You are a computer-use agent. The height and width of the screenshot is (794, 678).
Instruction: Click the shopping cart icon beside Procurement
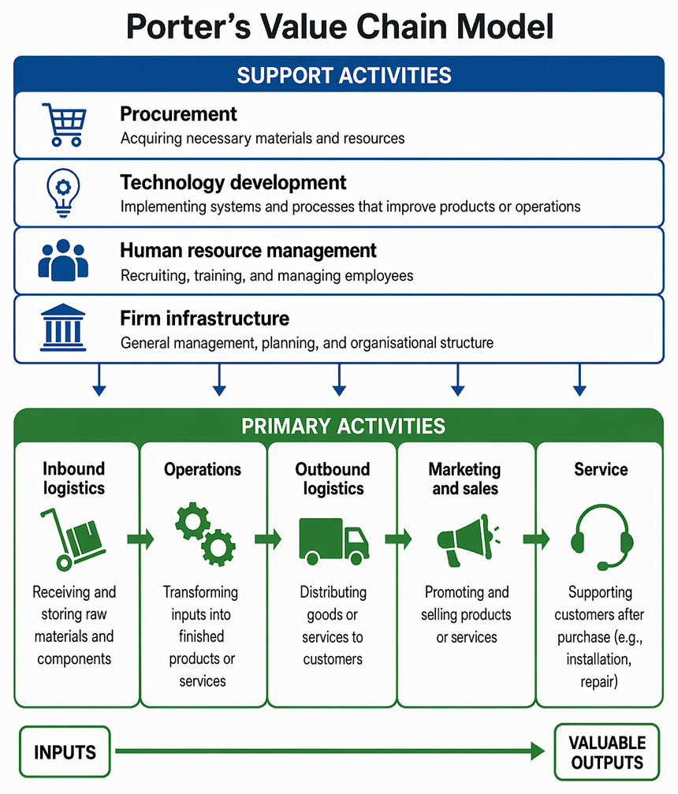pyautogui.click(x=65, y=125)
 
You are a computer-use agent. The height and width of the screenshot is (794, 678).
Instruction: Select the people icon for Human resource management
pyautogui.click(x=63, y=259)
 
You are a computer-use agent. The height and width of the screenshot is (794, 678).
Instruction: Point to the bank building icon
pyautogui.click(x=63, y=327)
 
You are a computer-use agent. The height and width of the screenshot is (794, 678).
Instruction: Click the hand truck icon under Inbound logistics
pyautogui.click(x=73, y=540)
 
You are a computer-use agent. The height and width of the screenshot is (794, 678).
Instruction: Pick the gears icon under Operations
pyautogui.click(x=205, y=535)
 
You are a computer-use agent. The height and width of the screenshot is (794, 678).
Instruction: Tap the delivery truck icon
pyautogui.click(x=334, y=542)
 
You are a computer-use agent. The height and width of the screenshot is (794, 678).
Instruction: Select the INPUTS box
pyautogui.click(x=65, y=752)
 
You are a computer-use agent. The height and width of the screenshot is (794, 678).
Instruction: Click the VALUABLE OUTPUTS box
pyautogui.click(x=607, y=752)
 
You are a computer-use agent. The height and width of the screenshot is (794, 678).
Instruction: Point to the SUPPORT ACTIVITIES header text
pyautogui.click(x=345, y=76)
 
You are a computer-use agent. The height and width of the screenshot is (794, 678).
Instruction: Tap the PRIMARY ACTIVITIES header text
pyautogui.click(x=343, y=426)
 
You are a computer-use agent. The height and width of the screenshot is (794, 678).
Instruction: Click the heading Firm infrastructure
pyautogui.click(x=204, y=319)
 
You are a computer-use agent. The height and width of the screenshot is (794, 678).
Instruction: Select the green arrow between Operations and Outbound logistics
pyautogui.click(x=268, y=539)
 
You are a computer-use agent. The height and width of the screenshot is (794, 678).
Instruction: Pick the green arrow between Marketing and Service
pyautogui.click(x=536, y=539)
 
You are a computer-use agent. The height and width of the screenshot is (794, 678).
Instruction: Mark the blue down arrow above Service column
pyautogui.click(x=579, y=380)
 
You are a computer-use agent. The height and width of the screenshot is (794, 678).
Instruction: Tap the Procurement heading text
pyautogui.click(x=178, y=114)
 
